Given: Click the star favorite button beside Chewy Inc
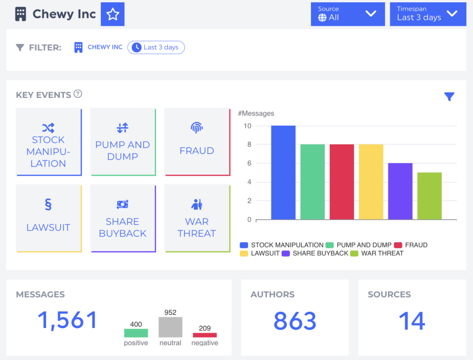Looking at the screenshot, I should pos(113,14).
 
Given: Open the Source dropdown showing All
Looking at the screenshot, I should pos(347,14).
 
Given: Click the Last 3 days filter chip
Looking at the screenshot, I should pos(156,47).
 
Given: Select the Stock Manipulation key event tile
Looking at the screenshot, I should pos(49,142).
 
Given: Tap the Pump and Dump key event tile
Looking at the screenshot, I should pos(122,142).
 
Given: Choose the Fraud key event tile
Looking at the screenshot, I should pos(197,142).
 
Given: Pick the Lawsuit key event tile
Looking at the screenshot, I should pos(49,219).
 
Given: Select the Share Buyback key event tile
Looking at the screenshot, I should pos(122,219).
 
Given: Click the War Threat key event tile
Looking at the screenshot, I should pos(197,219).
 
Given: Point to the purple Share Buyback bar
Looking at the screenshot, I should pos(400,191).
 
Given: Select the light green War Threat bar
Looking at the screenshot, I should pos(429,196).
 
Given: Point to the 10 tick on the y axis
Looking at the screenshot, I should pos(248,126).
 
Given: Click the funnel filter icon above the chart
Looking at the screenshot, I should pos(449,97).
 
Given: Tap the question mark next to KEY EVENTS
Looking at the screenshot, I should pos(78,94).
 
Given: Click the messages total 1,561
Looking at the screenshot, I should pos(67,320).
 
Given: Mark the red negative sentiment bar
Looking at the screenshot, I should pos(205,335).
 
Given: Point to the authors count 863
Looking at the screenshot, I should pos(295,321).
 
